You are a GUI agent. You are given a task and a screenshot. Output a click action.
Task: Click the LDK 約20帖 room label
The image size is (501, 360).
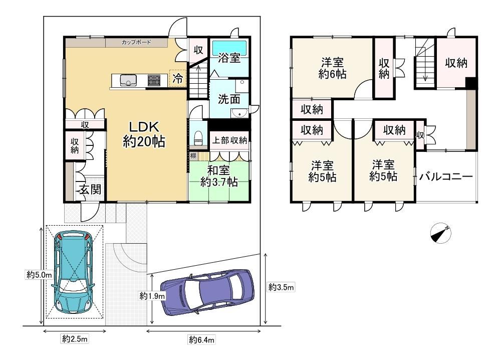tap(144, 134)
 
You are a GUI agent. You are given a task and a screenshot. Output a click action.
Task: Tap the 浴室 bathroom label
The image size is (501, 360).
tap(229, 58)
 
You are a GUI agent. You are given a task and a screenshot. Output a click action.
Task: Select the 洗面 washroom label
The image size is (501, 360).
tap(229, 99)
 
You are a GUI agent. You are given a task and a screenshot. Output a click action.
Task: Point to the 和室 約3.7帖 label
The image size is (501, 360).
tap(219, 176)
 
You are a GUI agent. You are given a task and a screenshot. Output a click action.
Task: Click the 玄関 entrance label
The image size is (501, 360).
tap(90, 189)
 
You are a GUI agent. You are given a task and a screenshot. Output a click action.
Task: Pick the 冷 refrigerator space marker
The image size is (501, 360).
tap(178, 78)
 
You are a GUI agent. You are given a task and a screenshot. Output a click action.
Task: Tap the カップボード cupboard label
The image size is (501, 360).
tap(136, 42)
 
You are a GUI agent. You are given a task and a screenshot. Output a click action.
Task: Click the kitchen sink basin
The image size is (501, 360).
tap(128, 80)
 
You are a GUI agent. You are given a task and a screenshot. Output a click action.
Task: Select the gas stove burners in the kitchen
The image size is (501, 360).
tap(154, 80)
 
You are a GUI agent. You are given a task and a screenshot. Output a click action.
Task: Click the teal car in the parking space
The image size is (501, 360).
tap(74, 272)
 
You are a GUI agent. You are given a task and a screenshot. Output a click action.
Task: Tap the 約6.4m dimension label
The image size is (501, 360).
tap(201, 339)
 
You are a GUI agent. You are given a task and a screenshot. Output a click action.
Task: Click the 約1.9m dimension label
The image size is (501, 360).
tap(152, 296)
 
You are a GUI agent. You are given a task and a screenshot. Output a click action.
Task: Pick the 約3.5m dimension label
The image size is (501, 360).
tap(281, 287)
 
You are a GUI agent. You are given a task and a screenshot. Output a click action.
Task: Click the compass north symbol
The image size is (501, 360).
tap(441, 233)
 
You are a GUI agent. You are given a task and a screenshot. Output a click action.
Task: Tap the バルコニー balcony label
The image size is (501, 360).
tap(446, 176)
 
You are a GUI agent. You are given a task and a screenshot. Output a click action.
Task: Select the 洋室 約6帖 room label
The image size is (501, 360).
tap(332, 68)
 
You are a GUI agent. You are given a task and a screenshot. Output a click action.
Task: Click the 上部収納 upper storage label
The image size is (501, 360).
tap(230, 140)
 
